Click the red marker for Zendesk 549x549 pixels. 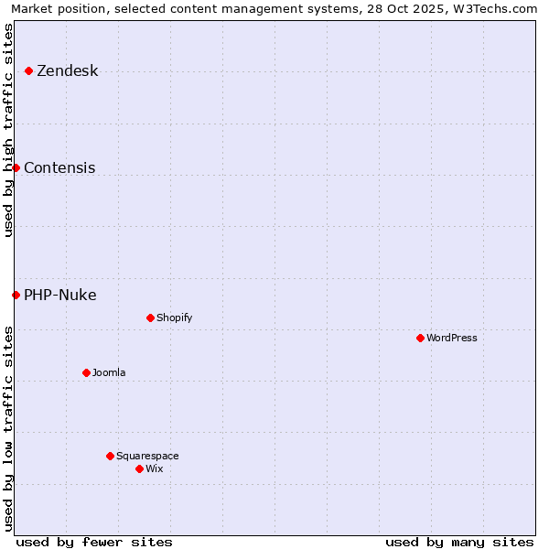(x=29, y=70)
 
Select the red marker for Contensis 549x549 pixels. (x=16, y=167)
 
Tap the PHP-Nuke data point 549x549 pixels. (x=16, y=295)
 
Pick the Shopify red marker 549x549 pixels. (x=150, y=318)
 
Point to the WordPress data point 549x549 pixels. (x=420, y=338)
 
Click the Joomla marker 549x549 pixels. (x=86, y=372)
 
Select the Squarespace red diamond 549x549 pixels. (x=110, y=456)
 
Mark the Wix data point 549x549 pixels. (x=139, y=468)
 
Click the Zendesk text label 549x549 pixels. (x=67, y=71)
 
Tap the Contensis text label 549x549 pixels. (x=59, y=168)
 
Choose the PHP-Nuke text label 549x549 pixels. (x=60, y=296)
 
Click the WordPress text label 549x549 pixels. (x=452, y=339)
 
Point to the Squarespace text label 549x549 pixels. (x=147, y=457)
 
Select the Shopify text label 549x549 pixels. (x=174, y=318)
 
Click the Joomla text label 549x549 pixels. (x=109, y=373)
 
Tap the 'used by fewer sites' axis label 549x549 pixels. (x=94, y=542)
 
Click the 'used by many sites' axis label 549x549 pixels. (x=459, y=542)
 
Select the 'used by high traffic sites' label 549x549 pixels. (x=8, y=130)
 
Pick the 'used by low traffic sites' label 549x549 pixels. (x=8, y=428)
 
